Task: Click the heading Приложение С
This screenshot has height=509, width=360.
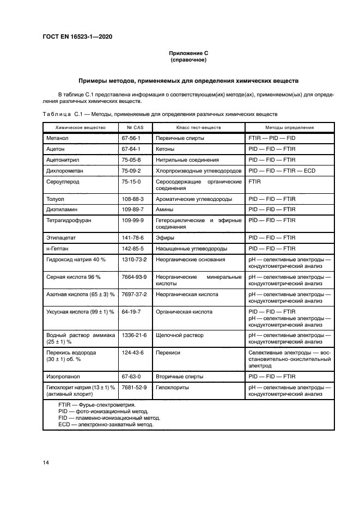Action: [188, 53]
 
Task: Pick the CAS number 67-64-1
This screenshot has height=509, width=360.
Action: [131, 149]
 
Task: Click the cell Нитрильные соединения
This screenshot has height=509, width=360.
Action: [187, 160]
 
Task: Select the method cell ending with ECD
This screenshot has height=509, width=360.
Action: [282, 171]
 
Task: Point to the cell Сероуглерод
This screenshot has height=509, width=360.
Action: [64, 181]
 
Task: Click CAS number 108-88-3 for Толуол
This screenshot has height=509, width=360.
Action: [133, 199]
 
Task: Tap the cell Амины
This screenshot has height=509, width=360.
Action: [165, 210]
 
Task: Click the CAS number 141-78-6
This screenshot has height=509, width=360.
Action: [133, 238]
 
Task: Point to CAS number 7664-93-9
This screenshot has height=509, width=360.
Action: [135, 277]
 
